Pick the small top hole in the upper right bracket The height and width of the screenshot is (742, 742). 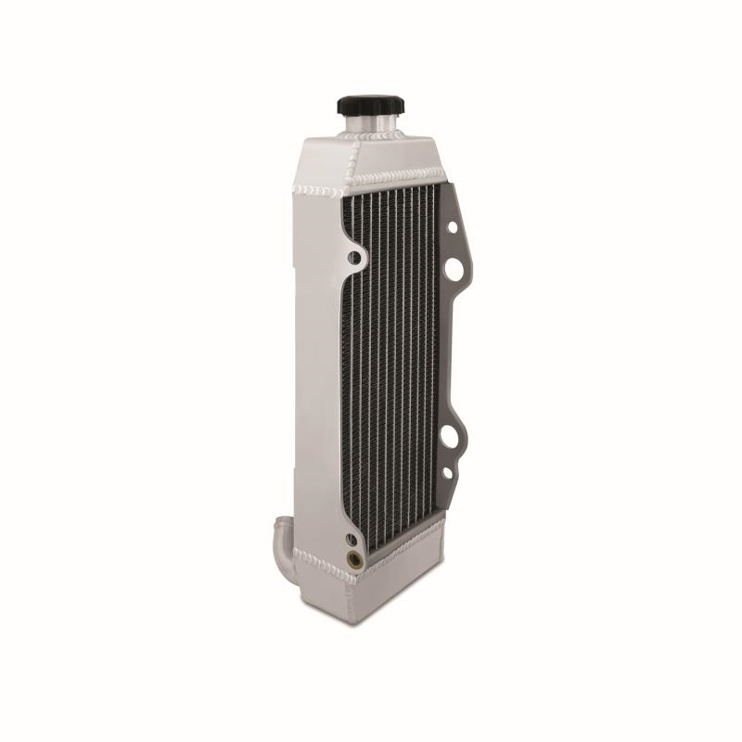coord(453,226)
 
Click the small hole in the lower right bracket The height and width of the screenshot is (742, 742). coord(448,474)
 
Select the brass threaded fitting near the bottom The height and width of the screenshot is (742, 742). coord(353,559)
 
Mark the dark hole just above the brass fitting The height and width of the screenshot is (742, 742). coord(352,539)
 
